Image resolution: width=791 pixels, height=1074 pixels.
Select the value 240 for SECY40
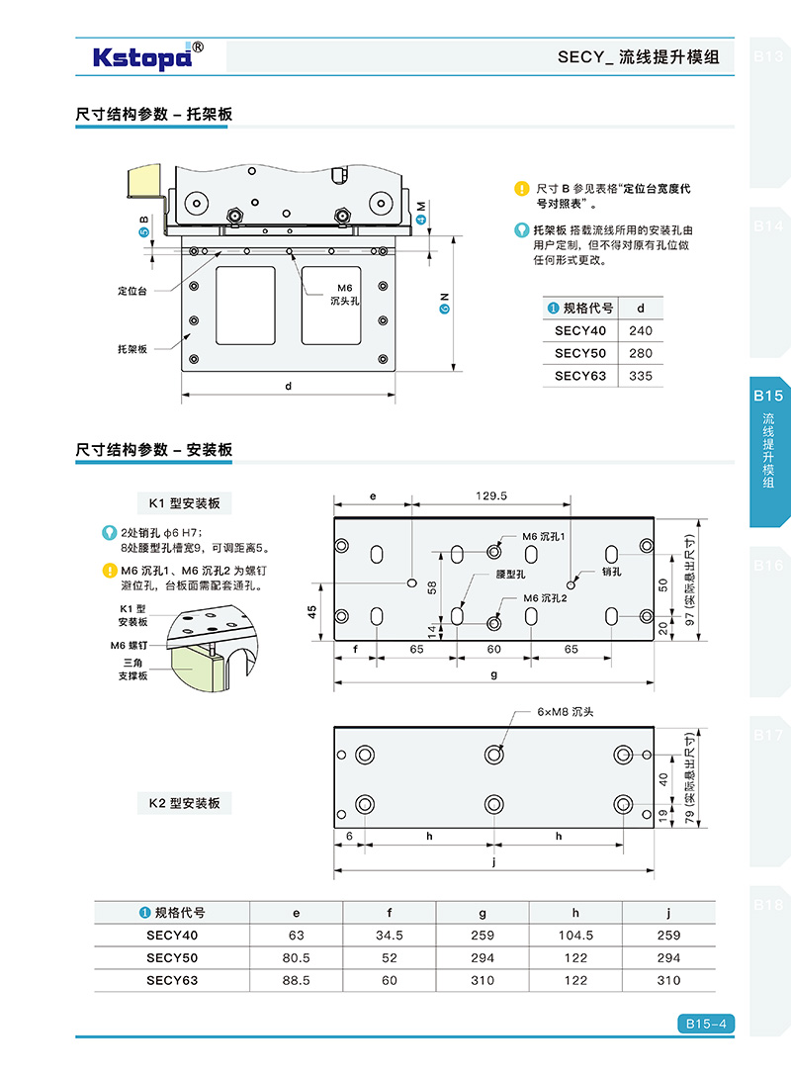point(640,331)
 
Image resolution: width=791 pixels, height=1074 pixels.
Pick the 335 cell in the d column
point(640,376)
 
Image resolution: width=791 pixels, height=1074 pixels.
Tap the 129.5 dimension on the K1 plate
point(490,496)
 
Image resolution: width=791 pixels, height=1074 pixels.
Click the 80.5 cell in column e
point(296,957)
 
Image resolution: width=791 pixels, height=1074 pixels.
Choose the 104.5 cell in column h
point(575,935)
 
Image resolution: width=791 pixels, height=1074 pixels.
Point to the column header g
point(483,913)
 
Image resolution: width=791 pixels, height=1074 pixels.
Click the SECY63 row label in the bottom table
point(172,980)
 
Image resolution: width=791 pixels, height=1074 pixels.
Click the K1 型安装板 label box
point(184,503)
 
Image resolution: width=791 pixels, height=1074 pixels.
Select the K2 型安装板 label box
point(184,803)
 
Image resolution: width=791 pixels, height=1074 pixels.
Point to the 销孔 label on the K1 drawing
point(612,572)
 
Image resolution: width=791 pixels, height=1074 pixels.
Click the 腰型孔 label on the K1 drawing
point(511,574)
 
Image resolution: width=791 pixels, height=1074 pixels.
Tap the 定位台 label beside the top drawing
point(132,292)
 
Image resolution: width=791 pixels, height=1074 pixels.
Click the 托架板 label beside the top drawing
point(132,349)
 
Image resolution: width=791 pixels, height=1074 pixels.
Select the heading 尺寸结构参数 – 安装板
point(154,450)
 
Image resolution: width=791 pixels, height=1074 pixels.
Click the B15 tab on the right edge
point(768,396)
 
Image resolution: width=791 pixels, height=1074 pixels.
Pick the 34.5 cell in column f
point(389,935)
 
